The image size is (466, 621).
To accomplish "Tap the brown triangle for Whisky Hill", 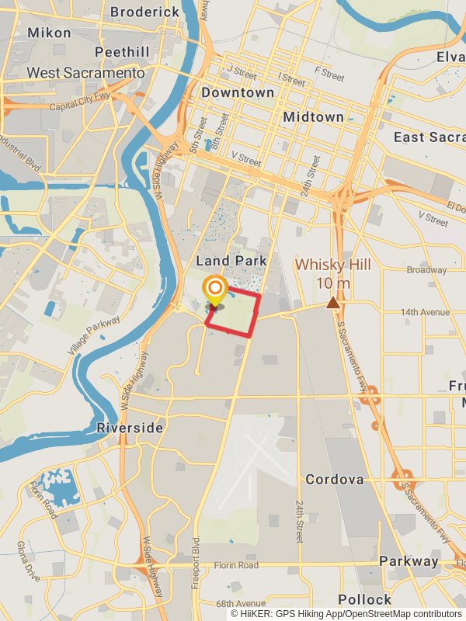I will (x=333, y=303).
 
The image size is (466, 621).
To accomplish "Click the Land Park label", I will (x=231, y=261).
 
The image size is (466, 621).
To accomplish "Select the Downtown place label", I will (x=238, y=92).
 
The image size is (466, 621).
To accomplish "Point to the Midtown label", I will (x=313, y=116).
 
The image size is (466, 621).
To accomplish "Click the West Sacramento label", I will (x=85, y=72).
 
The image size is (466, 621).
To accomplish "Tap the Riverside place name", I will (x=130, y=428).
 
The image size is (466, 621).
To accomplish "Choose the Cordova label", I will (x=334, y=479).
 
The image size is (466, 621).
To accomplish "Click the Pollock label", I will (x=364, y=598).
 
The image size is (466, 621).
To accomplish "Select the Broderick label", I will (x=145, y=12).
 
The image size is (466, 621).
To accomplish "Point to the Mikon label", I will (x=49, y=33).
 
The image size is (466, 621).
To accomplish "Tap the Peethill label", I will (x=121, y=52).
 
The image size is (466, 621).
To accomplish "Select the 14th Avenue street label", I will (x=425, y=312).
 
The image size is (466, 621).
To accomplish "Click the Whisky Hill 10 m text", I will (x=332, y=273).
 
